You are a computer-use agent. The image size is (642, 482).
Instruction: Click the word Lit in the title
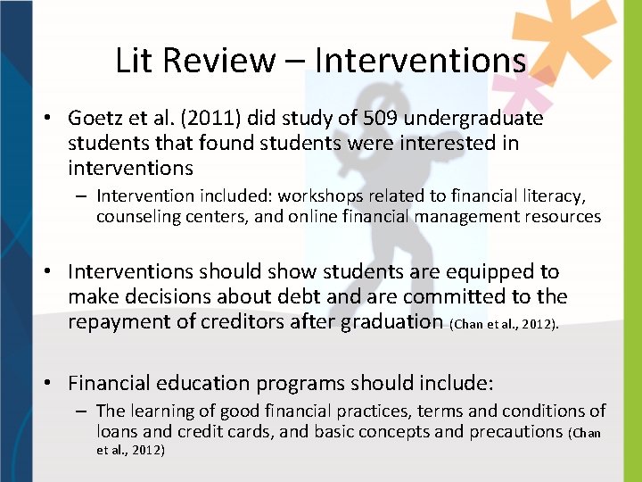click(134, 60)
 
